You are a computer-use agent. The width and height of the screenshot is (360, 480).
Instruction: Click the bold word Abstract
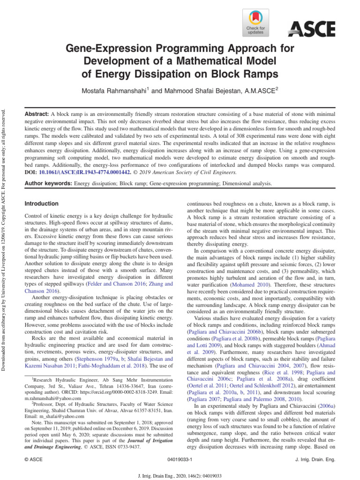36,114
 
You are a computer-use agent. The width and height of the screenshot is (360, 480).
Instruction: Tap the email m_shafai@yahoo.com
56,422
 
